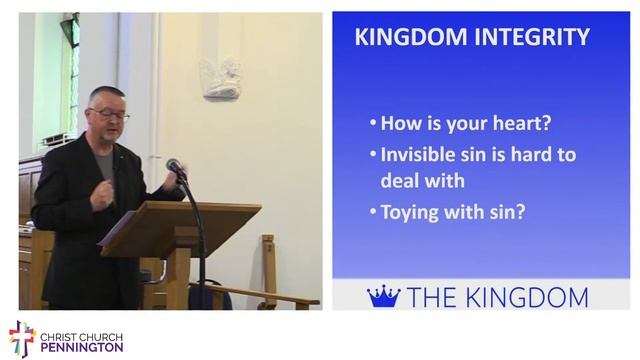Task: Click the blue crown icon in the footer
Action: tap(383, 296)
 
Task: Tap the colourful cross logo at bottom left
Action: tap(21, 338)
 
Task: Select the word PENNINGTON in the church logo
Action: tap(82, 347)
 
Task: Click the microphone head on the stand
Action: tap(175, 166)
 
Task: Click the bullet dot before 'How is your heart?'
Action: tap(372, 125)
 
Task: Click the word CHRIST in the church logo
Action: tap(59, 332)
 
